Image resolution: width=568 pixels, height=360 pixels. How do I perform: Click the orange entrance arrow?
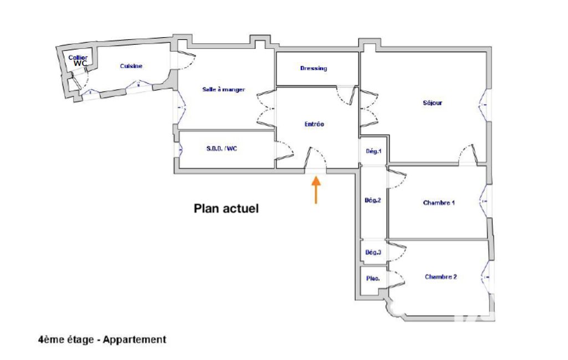tap(316, 189)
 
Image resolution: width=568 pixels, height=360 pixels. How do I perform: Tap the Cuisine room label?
tap(131, 66)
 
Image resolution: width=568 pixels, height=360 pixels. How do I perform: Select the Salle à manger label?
tap(223, 90)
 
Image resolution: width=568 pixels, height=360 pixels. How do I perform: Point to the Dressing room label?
tap(314, 68)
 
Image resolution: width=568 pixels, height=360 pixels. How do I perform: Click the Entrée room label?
tap(314, 124)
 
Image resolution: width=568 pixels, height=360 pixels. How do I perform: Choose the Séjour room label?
tap(433, 103)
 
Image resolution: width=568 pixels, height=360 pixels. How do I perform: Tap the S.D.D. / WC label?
tap(222, 148)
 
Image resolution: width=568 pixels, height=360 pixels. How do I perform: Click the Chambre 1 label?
tap(439, 203)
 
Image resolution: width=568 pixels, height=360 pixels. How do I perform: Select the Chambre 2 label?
tap(441, 277)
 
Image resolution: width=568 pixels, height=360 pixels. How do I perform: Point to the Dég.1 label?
tap(373, 151)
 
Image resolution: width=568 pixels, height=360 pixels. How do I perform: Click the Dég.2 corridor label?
tap(373, 200)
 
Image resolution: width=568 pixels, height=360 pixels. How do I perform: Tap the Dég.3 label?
tap(373, 253)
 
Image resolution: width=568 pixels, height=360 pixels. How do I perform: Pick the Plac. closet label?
tap(373, 279)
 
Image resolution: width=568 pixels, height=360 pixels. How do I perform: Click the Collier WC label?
tap(78, 60)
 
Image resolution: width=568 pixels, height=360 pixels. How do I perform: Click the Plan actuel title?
tap(227, 209)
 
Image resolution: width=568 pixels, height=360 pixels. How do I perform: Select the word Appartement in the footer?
tap(135, 340)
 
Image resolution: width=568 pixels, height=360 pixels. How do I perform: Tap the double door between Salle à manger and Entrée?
tap(266, 109)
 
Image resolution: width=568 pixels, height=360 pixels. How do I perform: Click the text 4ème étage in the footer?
tap(66, 340)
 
